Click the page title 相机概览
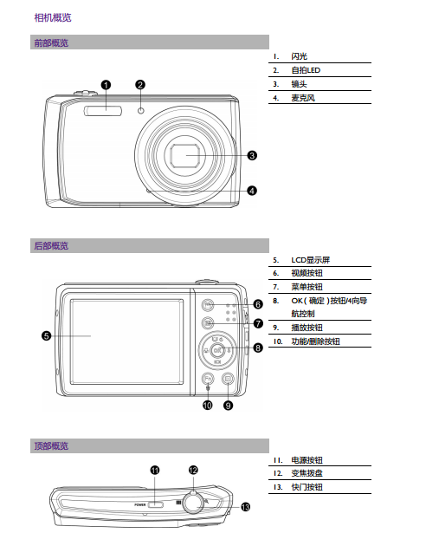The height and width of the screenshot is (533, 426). click(53, 17)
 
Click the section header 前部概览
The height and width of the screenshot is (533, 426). click(51, 42)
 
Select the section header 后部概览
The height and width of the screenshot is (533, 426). click(51, 246)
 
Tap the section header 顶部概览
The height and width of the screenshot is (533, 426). click(51, 445)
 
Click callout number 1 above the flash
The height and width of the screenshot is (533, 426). click(106, 85)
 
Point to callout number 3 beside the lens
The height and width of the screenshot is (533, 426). click(252, 156)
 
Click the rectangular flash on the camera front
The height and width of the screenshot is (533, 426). click(103, 111)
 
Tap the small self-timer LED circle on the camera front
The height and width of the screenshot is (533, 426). click(141, 111)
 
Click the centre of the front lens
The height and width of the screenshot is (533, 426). click(184, 156)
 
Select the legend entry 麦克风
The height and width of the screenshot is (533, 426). click(303, 98)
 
